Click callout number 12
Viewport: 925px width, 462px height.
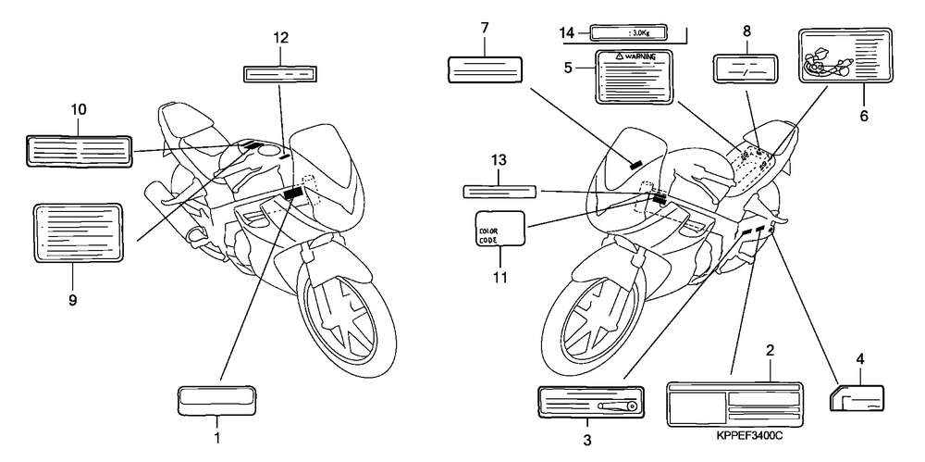(281, 38)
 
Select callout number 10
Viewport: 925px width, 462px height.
(79, 109)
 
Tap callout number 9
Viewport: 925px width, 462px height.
(72, 301)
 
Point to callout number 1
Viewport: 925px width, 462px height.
(217, 438)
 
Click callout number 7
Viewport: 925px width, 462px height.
(485, 28)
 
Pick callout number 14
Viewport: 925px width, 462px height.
(567, 33)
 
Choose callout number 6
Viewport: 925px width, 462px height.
(864, 116)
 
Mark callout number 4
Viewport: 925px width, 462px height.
(860, 358)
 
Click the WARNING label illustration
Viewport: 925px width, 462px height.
(635, 77)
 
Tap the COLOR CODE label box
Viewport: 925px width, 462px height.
(499, 229)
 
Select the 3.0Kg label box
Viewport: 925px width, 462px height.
(630, 32)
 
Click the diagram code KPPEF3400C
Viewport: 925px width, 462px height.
(749, 436)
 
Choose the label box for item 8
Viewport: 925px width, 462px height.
(746, 69)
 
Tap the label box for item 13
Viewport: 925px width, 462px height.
(499, 191)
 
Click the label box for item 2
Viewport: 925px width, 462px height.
(734, 404)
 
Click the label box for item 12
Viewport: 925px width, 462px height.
(280, 74)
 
